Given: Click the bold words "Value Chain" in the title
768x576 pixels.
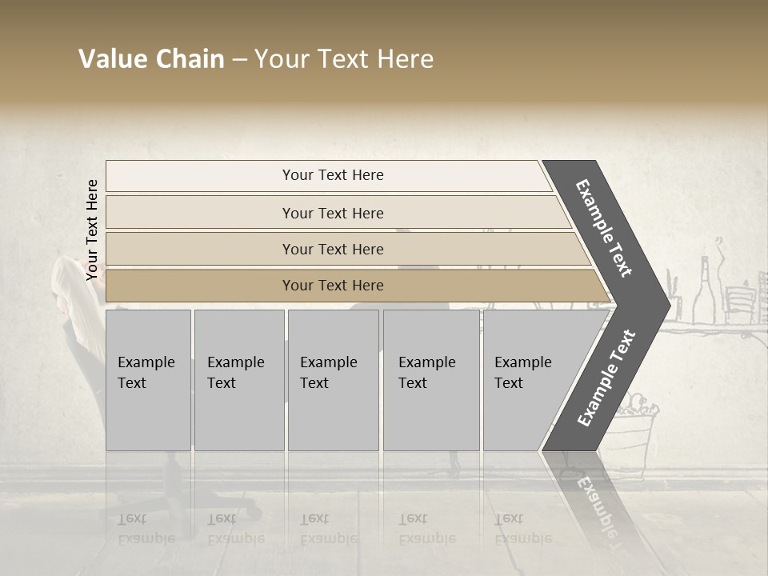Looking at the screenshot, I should (x=151, y=59).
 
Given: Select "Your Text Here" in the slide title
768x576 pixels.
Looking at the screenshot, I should (x=344, y=59).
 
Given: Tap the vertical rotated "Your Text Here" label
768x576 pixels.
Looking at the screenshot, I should (x=92, y=230).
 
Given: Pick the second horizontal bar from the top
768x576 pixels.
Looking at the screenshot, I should (x=332, y=213).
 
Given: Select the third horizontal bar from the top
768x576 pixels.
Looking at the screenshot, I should (x=332, y=249).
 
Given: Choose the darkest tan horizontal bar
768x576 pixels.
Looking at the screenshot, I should (x=332, y=286).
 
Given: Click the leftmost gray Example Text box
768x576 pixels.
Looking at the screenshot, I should (x=148, y=380).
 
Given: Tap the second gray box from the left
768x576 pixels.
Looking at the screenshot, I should (x=238, y=380).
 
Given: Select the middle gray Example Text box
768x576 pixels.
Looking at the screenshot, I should (x=333, y=380).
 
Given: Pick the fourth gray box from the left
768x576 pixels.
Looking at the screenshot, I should (x=431, y=380).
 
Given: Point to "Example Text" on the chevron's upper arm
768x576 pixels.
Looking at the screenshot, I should (x=604, y=228).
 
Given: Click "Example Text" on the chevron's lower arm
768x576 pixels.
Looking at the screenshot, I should (x=606, y=378).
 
